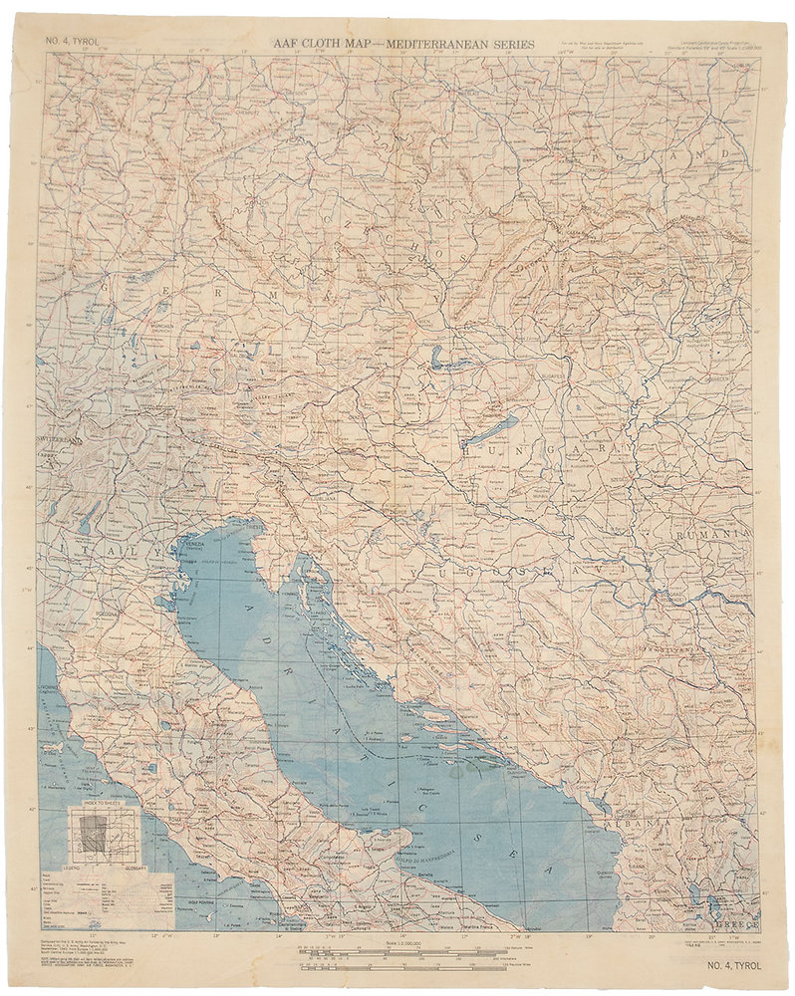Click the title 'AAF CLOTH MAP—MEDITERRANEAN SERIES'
404,44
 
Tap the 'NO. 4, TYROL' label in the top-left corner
67,42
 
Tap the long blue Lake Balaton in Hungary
489,431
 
